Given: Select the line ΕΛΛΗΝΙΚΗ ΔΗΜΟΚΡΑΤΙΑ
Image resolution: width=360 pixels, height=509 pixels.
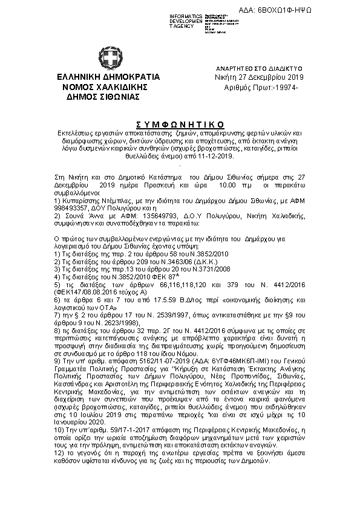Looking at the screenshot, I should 108,77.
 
